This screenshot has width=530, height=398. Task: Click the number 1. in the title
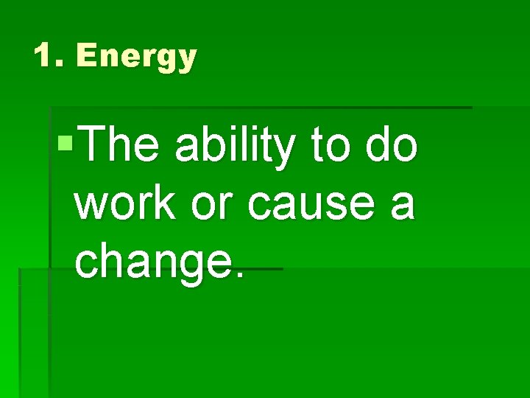[49, 56]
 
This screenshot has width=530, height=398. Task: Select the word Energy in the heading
[136, 57]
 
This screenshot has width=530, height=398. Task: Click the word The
[119, 145]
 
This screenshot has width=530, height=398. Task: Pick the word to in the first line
[331, 147]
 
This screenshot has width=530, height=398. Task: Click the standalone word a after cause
[403, 206]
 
